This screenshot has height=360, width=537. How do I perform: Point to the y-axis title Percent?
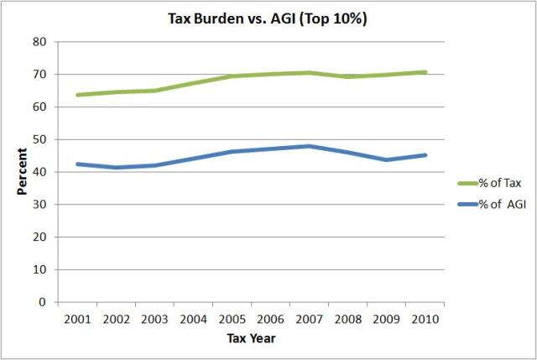(x=23, y=171)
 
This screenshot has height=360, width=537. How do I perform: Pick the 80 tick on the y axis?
(x=39, y=41)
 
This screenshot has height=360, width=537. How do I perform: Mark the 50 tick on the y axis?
(x=39, y=139)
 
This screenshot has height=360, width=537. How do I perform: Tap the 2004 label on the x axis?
(x=194, y=319)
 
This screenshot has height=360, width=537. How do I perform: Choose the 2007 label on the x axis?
(x=310, y=319)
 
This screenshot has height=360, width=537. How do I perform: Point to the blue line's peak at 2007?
(x=310, y=146)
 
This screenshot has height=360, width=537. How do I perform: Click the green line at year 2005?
(x=232, y=76)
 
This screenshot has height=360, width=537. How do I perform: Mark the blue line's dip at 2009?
(x=387, y=159)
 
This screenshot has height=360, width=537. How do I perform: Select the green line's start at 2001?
(x=78, y=95)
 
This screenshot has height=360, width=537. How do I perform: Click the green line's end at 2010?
(x=425, y=72)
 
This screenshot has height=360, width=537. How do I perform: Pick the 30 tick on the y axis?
(x=39, y=204)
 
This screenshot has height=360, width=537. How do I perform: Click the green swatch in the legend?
(x=468, y=182)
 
